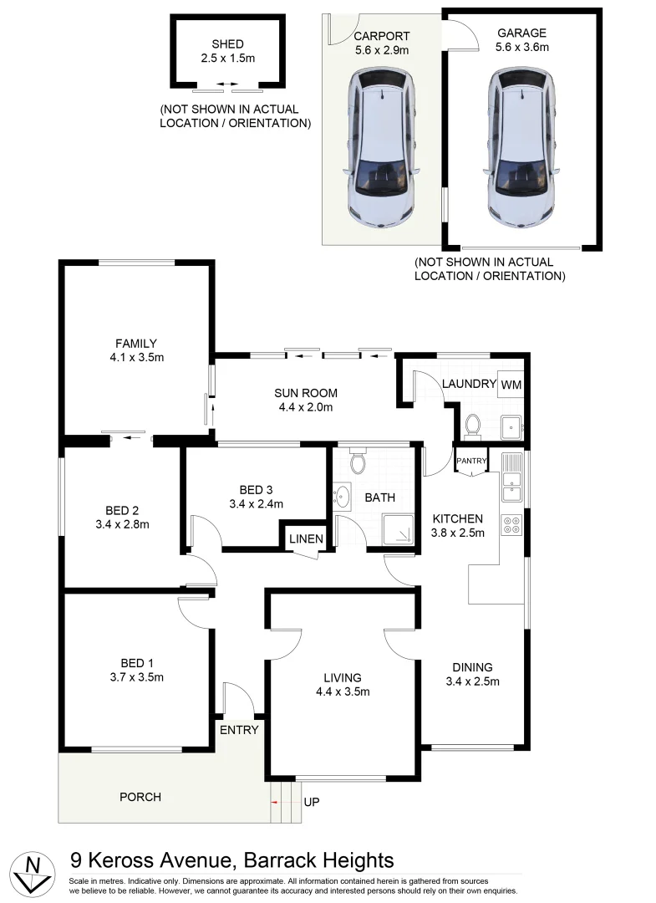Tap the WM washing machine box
pos(511,385)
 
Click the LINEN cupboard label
pos(306,539)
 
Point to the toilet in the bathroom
pos(359,461)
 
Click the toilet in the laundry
pos(471,426)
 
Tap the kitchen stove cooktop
pos(511,525)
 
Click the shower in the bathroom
pos(398,528)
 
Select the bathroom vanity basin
pos(342,497)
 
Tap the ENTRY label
pos(238,730)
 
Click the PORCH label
pos(140,797)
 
